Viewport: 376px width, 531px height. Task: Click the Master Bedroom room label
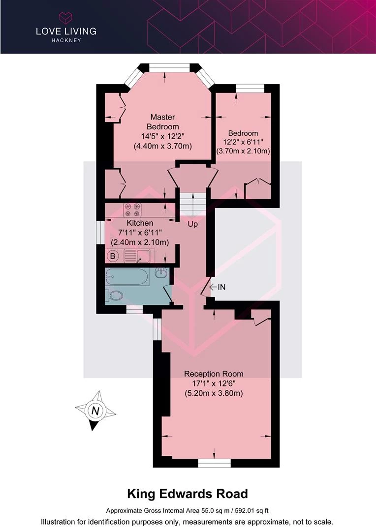[x=163, y=121]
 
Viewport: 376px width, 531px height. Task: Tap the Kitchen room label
[x=140, y=223]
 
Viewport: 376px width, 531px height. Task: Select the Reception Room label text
[x=214, y=374]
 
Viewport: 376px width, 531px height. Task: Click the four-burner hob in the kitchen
[x=132, y=209]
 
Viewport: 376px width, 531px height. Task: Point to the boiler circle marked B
[x=113, y=256]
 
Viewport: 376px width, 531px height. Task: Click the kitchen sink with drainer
[x=137, y=256]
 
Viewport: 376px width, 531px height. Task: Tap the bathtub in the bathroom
[x=126, y=277]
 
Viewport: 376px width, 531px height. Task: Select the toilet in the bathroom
[x=114, y=295]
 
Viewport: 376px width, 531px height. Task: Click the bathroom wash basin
[x=161, y=272]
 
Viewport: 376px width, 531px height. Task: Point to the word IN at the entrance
[x=222, y=287]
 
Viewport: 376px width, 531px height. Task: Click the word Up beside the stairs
[x=192, y=224]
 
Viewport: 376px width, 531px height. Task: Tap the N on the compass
[x=95, y=411]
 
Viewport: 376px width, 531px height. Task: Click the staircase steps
[x=192, y=204]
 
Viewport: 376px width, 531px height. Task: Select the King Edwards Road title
[x=188, y=494]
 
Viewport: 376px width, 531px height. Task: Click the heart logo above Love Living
[x=66, y=17]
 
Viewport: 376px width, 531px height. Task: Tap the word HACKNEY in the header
[x=66, y=40]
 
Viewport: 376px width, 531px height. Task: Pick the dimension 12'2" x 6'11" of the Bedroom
[x=243, y=142]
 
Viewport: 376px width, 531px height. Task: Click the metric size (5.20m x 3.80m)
[x=214, y=393]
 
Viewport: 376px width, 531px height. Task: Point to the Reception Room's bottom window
[x=214, y=463]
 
